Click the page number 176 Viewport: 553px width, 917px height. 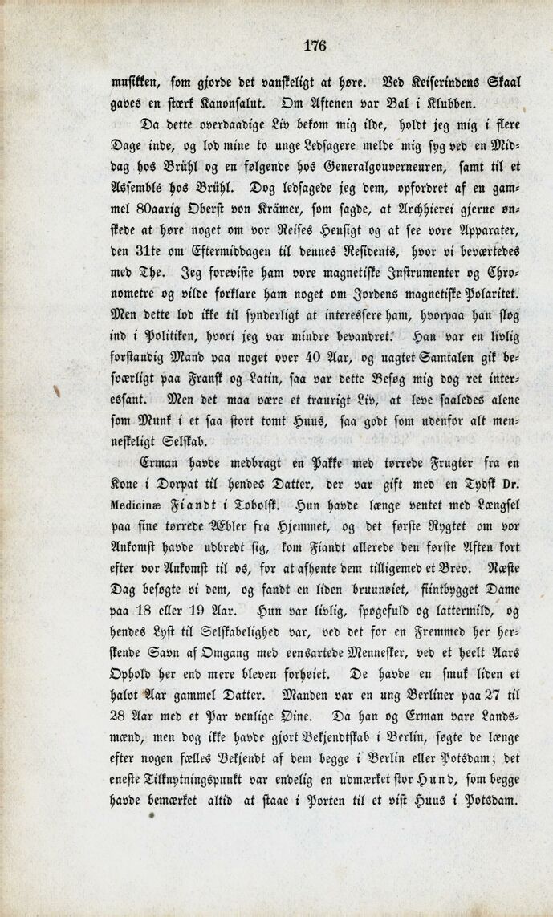[315, 46]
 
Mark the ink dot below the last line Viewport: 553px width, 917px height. [150, 815]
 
